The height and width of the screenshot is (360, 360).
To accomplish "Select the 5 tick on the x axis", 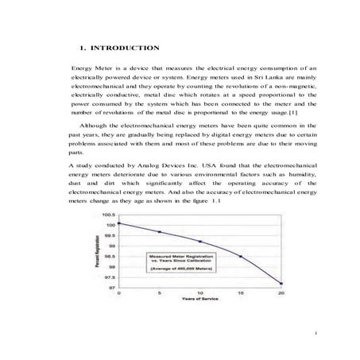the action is pyautogui.click(x=159, y=294).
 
